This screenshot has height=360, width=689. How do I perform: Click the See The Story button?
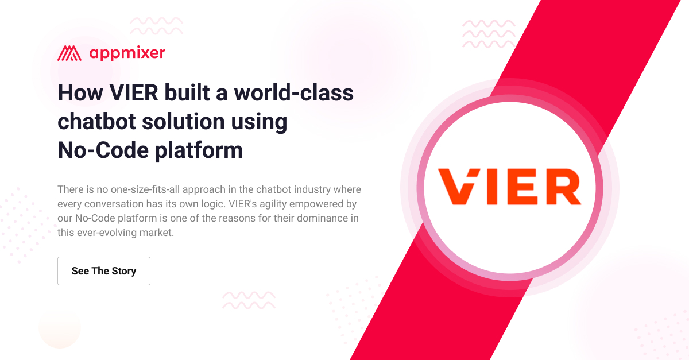pos(104,271)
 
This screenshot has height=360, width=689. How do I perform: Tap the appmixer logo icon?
pos(69,53)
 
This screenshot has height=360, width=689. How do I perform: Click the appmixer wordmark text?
pos(127,53)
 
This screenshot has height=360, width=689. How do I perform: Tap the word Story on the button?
pos(124,271)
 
